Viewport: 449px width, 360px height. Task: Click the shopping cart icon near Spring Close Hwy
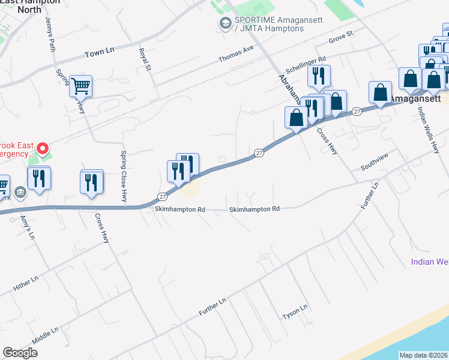tap(80, 85)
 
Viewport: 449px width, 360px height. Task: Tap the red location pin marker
tap(43, 148)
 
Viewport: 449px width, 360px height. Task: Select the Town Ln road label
tap(99, 53)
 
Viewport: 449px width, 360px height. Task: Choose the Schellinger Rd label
tap(306, 62)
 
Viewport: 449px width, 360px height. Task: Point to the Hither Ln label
tap(26, 284)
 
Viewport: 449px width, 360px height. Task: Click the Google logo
tap(20, 353)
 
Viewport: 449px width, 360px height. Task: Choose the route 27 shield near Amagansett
tap(357, 111)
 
